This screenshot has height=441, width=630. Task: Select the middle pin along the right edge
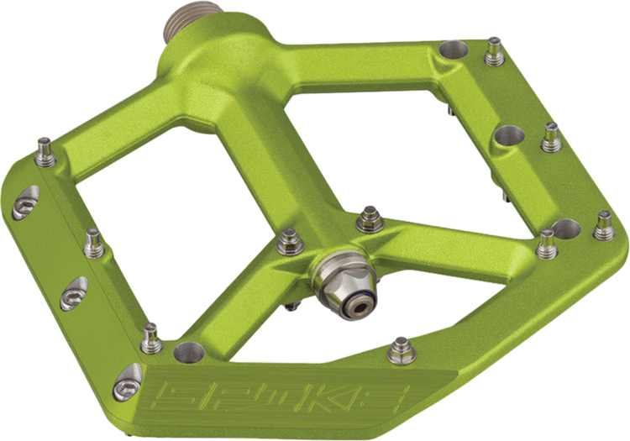[x=551, y=138]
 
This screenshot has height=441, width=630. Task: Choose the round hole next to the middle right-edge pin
[x=510, y=135]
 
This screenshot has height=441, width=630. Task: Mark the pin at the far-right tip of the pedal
[x=603, y=225]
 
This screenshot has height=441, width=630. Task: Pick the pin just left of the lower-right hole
[x=547, y=244]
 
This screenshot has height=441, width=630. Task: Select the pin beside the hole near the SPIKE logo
[x=151, y=339]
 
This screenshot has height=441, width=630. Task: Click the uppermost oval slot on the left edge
[x=25, y=204]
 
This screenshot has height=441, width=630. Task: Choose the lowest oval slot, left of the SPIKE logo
[x=127, y=386]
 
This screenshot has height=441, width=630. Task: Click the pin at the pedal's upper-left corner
[x=45, y=156]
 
